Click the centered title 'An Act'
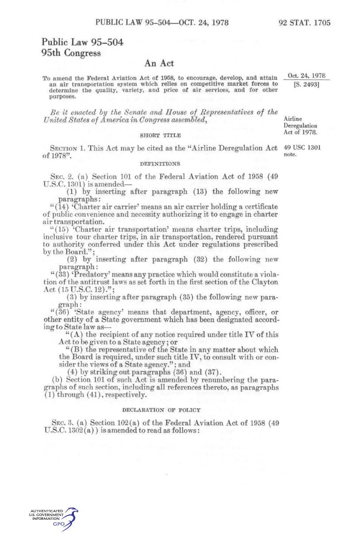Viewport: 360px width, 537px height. click(160, 64)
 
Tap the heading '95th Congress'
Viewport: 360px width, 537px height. click(71, 53)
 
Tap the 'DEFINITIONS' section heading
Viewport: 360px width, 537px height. click(160, 164)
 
